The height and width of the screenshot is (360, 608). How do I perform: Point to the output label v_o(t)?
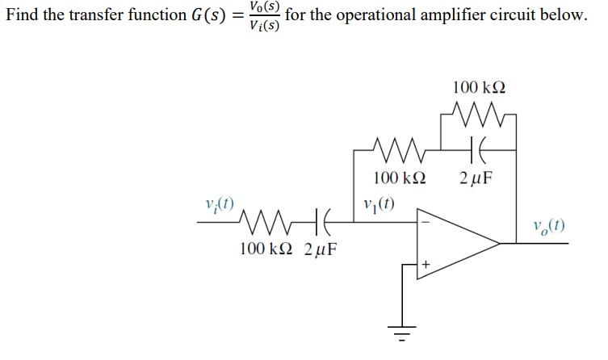pos(549,224)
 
